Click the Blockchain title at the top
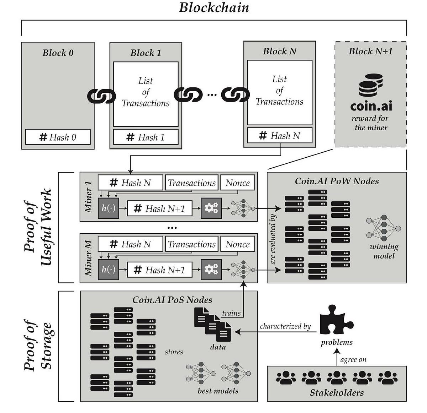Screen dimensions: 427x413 (214, 7)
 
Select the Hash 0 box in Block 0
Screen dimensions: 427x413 (58, 137)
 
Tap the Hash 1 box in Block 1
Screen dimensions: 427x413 (146, 137)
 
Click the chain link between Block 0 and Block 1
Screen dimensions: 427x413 (102, 96)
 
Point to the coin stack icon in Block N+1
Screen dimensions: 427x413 (371, 85)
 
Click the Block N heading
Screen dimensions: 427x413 (280, 51)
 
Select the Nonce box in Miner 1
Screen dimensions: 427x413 (238, 183)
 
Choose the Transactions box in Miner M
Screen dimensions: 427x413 (192, 244)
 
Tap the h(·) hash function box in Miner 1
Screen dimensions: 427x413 (109, 208)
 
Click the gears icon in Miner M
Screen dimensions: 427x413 (211, 270)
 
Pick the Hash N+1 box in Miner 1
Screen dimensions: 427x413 (159, 208)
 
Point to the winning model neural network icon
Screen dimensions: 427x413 (383, 228)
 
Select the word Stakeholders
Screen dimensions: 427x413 (337, 393)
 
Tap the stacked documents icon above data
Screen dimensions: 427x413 (212, 324)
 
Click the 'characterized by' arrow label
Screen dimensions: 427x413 (285, 326)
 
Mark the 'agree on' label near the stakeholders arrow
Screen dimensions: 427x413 (353, 360)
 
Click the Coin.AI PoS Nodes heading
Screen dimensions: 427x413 (172, 300)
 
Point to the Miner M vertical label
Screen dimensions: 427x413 (88, 258)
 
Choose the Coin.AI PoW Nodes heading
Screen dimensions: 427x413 (337, 181)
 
